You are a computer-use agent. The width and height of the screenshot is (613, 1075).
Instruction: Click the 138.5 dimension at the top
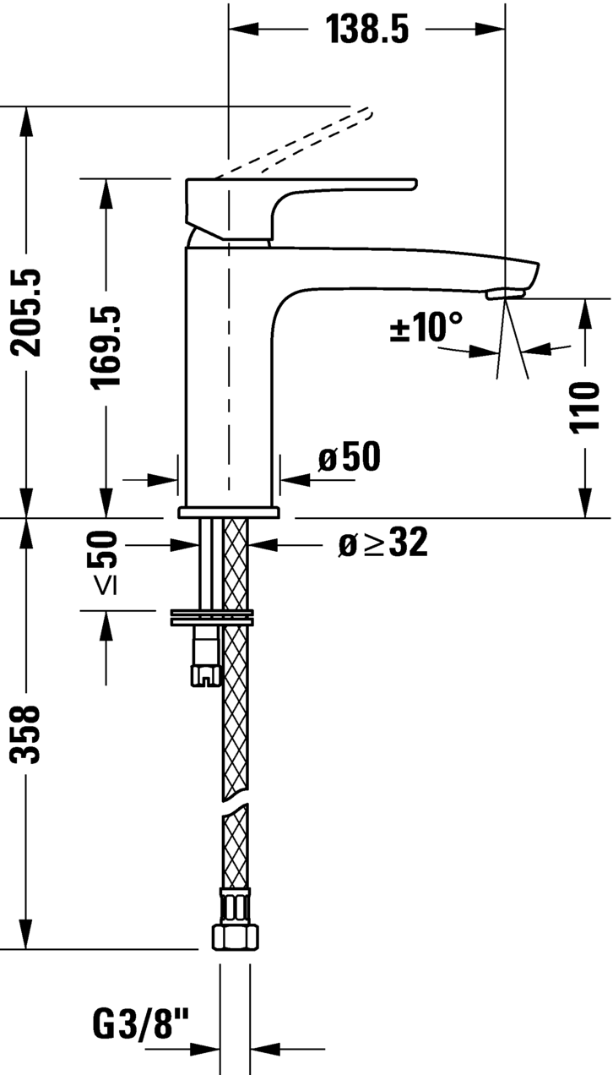click(x=368, y=30)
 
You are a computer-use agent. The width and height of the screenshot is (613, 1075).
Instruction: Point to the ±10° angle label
click(x=426, y=327)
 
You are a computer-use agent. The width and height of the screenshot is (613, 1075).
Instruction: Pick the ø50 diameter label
click(x=349, y=457)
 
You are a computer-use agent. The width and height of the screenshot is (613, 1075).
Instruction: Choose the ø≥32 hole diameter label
click(x=382, y=543)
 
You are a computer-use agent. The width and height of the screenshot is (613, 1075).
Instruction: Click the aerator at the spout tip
click(x=506, y=293)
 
